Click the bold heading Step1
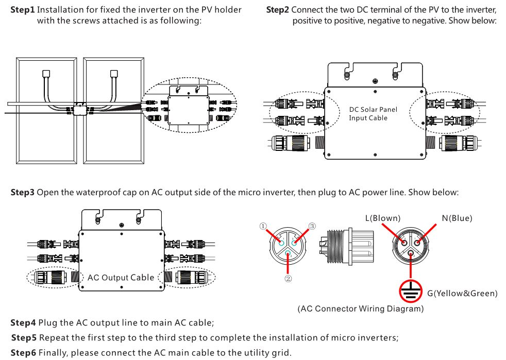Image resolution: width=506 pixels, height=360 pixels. tap(23, 10)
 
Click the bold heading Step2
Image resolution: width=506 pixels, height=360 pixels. tap(278, 10)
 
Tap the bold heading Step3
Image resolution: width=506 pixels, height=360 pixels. tap(23, 193)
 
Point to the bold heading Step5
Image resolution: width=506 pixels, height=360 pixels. tap(24, 338)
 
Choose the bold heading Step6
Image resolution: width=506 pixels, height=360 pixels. tap(24, 353)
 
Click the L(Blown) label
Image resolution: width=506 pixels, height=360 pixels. tap(382, 218)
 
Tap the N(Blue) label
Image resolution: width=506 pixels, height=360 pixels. tap(457, 218)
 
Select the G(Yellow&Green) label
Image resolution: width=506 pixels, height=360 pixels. tap(462, 294)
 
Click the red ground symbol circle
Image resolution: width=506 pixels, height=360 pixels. tap(411, 292)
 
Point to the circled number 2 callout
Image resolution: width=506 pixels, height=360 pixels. tap(288, 279)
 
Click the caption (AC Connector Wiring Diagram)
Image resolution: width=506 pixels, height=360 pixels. tap(361, 309)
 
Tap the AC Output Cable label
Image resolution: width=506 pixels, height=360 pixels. tap(121, 278)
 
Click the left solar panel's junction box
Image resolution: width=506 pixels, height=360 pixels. tap(46, 74)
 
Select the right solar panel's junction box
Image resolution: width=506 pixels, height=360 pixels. tap(114, 74)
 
